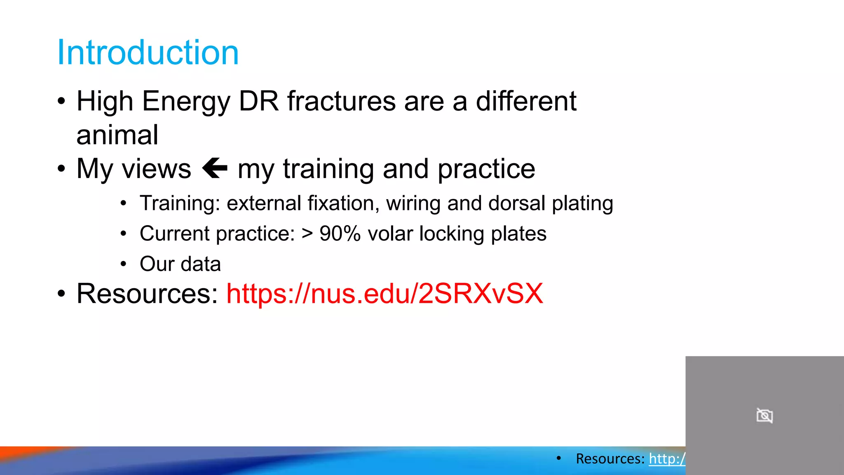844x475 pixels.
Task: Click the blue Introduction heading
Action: (148, 53)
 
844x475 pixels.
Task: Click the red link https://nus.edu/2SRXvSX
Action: (384, 294)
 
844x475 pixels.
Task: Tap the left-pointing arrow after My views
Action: (215, 168)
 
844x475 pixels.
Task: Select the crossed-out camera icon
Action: (764, 416)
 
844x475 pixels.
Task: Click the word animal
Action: (117, 135)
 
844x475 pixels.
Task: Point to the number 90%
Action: (340, 234)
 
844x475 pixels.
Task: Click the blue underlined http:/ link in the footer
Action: (667, 459)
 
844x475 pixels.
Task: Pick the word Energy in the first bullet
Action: (186, 101)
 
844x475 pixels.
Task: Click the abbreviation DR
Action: (259, 101)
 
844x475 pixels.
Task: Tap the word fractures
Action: (342, 101)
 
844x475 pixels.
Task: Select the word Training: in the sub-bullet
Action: (180, 204)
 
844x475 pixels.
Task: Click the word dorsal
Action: (517, 204)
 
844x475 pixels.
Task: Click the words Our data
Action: (180, 264)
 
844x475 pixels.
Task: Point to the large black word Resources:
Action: (147, 294)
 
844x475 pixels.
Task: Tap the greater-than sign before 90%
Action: (307, 234)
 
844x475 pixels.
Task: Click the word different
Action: (526, 101)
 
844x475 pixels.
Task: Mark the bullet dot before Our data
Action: (123, 264)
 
